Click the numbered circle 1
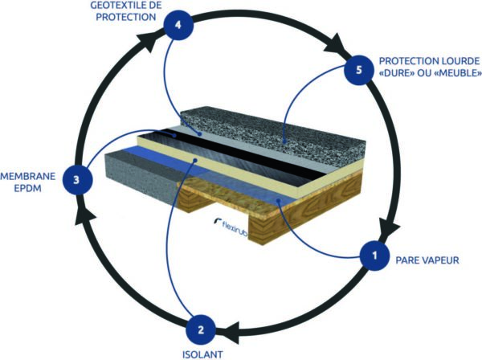[x=374, y=256]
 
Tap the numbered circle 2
[x=201, y=330]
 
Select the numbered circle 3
[x=77, y=179]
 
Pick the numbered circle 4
[x=178, y=25]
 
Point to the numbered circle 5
[x=359, y=70]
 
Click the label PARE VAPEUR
[x=427, y=260]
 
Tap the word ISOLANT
[x=202, y=354]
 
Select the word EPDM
[x=27, y=188]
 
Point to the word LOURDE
[x=460, y=61]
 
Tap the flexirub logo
[x=231, y=226]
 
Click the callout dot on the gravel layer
[x=285, y=142]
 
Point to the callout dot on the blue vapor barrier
[x=278, y=201]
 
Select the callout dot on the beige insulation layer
[x=195, y=160]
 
